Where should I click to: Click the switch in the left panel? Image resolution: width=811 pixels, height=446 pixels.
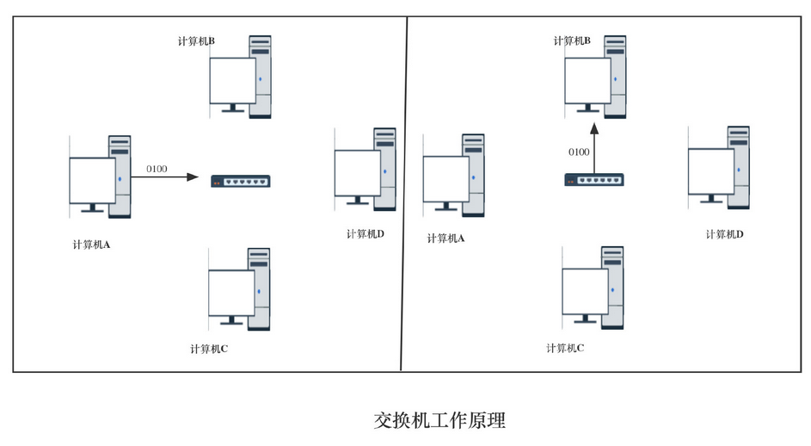[241, 181]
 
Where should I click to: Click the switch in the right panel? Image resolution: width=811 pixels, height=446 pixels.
[594, 180]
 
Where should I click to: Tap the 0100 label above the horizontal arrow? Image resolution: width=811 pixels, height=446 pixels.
[157, 168]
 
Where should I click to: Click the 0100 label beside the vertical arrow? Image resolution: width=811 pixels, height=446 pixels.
[579, 152]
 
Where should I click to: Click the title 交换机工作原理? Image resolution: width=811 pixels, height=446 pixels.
[439, 420]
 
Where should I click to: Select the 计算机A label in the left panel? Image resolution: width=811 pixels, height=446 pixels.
[92, 245]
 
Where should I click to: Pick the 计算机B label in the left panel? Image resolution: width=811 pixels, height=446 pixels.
[196, 40]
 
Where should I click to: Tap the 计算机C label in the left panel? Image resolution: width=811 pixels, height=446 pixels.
[209, 349]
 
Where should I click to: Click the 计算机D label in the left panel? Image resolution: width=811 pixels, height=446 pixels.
[365, 234]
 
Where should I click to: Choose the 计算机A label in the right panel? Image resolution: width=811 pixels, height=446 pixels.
[445, 238]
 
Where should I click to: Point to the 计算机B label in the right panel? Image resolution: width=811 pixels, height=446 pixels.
[572, 40]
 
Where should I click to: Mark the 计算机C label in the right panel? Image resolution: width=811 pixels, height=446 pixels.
[565, 348]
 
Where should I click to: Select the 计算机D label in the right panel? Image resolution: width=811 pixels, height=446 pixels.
[724, 234]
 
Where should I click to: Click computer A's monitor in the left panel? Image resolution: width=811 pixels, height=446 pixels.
[92, 181]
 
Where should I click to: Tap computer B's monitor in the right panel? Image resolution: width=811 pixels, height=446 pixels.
[587, 80]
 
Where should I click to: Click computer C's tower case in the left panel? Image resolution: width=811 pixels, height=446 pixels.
[259, 288]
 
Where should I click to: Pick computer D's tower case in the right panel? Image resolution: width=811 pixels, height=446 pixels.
[738, 166]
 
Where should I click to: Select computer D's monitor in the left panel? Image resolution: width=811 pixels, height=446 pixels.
[357, 173]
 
